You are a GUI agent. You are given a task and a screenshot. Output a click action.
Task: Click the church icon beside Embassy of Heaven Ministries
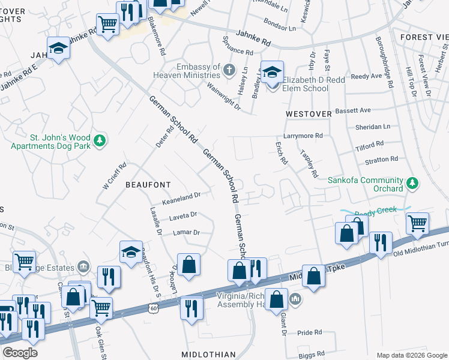point(229,71)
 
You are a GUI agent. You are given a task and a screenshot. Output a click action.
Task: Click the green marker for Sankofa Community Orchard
point(412,182)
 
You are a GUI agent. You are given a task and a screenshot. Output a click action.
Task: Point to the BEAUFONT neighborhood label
point(148,185)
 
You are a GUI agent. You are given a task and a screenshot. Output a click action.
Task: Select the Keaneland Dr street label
point(180,194)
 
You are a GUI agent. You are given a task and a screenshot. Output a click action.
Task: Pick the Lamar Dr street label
point(185,232)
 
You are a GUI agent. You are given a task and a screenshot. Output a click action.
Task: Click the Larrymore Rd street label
point(303,136)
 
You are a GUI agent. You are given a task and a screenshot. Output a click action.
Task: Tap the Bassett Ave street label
point(370,110)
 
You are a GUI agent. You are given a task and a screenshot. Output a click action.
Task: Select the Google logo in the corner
point(20,352)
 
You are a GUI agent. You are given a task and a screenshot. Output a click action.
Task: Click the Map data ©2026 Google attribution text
point(411,355)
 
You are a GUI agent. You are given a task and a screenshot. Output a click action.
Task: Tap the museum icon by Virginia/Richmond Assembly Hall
point(295,298)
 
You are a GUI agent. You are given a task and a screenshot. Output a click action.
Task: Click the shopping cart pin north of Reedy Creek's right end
point(417,224)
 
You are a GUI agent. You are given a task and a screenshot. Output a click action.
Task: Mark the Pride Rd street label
point(310,332)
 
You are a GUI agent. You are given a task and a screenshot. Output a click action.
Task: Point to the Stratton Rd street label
point(381,160)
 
